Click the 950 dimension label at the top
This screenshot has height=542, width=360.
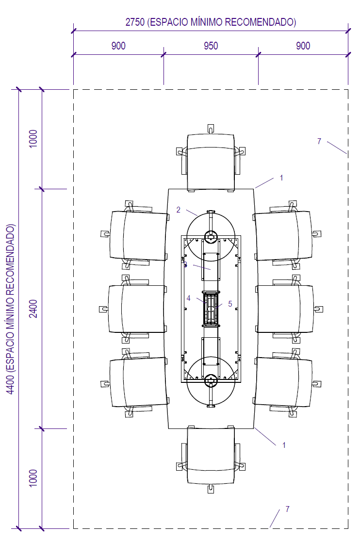click(211, 46)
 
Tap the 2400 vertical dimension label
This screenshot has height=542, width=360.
click(33, 309)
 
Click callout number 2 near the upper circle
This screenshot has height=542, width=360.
click(178, 210)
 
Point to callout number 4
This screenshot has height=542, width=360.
click(188, 298)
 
